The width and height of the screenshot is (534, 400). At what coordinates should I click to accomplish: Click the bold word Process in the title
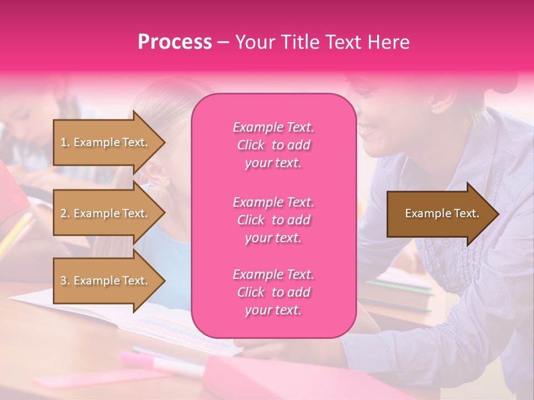pyautogui.click(x=175, y=42)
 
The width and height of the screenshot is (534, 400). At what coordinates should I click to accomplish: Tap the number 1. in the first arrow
pyautogui.click(x=65, y=142)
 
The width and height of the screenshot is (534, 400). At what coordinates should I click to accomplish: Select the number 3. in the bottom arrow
pyautogui.click(x=65, y=281)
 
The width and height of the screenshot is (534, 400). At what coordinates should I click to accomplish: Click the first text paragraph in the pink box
pyautogui.click(x=273, y=145)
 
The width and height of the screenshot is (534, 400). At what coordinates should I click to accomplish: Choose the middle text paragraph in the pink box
pyautogui.click(x=273, y=220)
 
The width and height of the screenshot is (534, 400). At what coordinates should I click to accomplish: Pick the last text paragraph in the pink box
pyautogui.click(x=273, y=292)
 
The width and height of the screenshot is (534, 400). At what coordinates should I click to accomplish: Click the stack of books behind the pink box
pyautogui.click(x=398, y=292)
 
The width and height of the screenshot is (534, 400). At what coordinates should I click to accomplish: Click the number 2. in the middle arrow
pyautogui.click(x=65, y=213)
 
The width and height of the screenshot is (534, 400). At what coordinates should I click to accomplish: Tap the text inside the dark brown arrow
pyautogui.click(x=442, y=213)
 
